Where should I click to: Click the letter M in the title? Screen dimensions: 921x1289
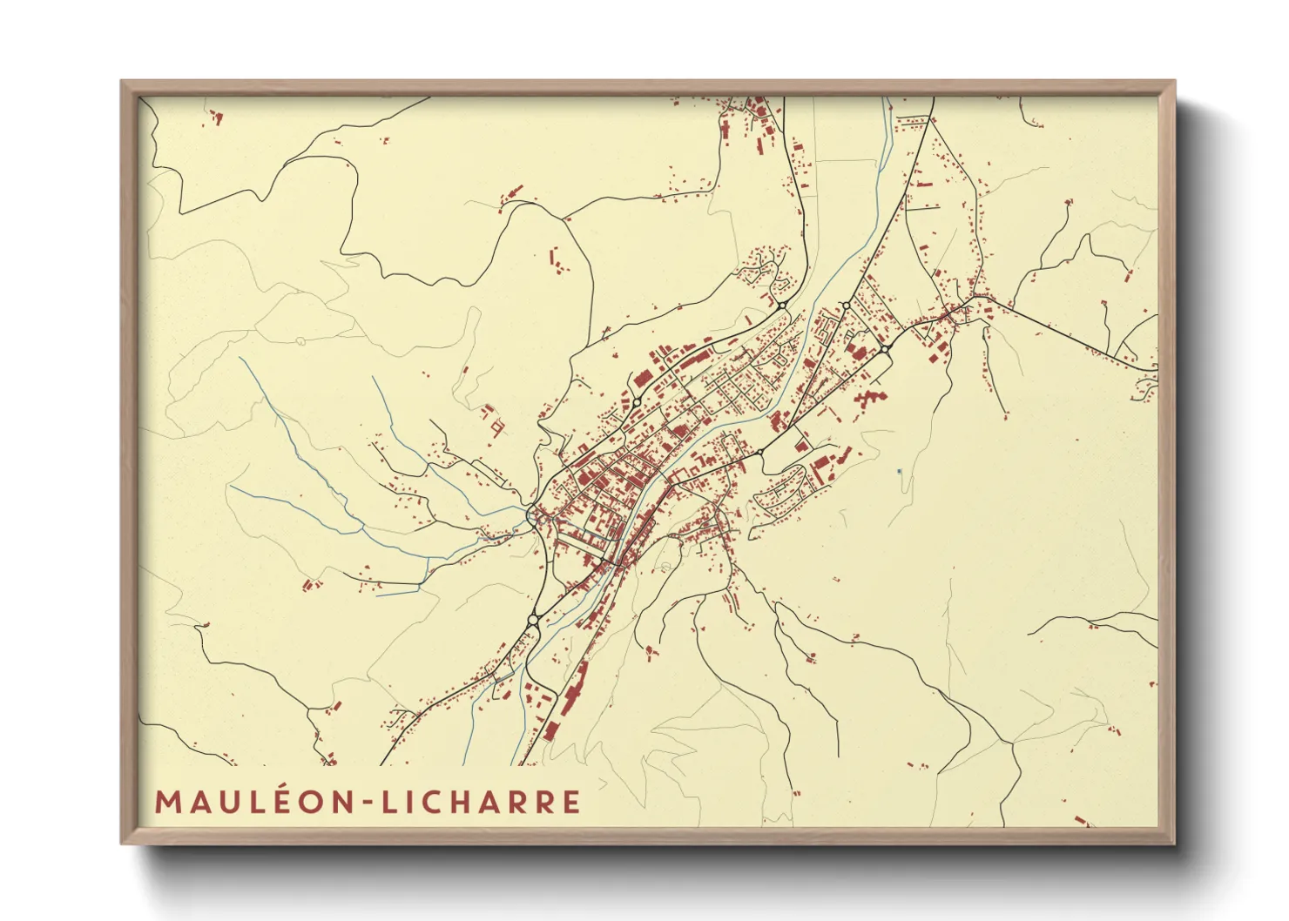pos(167,802)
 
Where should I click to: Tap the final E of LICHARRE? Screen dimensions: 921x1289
pos(571,802)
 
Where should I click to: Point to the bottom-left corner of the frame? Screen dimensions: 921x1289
pos(123,842)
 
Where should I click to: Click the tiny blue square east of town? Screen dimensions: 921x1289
pos(899,471)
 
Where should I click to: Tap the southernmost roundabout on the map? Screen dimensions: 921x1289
pos(533,620)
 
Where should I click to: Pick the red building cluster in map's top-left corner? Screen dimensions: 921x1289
pos(213,118)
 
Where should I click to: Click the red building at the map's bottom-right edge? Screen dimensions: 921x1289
pos(1081,820)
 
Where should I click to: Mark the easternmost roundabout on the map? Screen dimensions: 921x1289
pos(885,349)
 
